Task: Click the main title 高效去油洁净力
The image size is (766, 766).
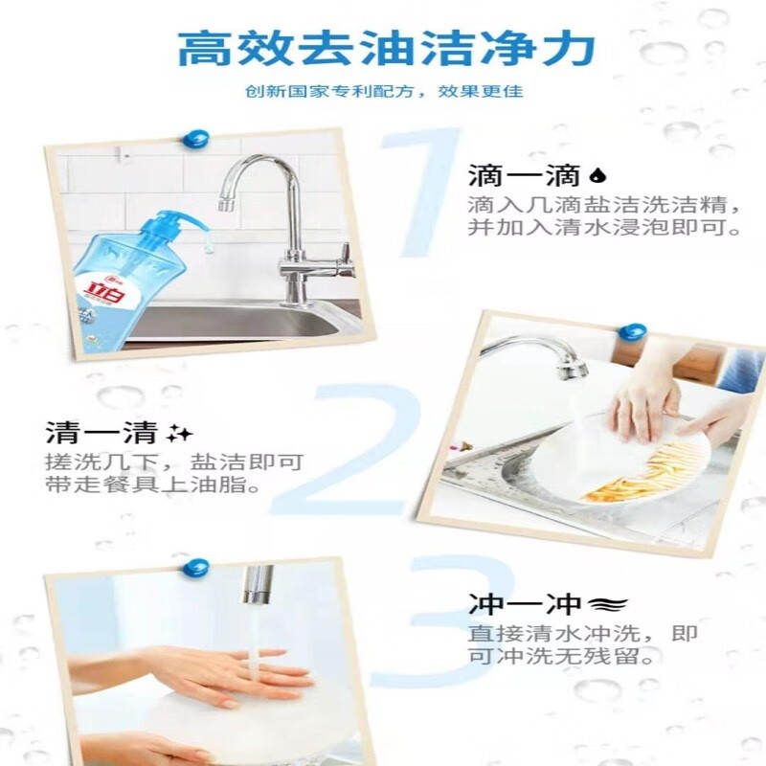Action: pyautogui.click(x=387, y=48)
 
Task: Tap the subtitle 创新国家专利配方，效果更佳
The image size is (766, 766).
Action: pyautogui.click(x=384, y=91)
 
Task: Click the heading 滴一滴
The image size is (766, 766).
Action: pyautogui.click(x=524, y=175)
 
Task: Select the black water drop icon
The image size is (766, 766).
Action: pyautogui.click(x=597, y=175)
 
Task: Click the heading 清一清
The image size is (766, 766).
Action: pyautogui.click(x=101, y=433)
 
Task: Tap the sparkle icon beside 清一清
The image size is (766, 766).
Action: pyautogui.click(x=179, y=433)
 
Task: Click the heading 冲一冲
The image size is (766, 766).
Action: pyautogui.click(x=525, y=604)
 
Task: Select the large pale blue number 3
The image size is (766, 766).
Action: pyautogui.click(x=442, y=620)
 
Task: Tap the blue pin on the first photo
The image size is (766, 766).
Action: pyautogui.click(x=195, y=139)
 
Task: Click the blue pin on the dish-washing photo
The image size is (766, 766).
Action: pyautogui.click(x=632, y=332)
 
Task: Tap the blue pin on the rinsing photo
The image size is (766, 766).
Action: pyautogui.click(x=196, y=568)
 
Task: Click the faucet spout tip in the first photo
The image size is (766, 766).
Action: pyautogui.click(x=226, y=204)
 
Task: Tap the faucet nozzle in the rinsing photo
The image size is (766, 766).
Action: pyautogui.click(x=258, y=585)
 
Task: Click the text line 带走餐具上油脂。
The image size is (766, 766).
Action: pyautogui.click(x=153, y=485)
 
